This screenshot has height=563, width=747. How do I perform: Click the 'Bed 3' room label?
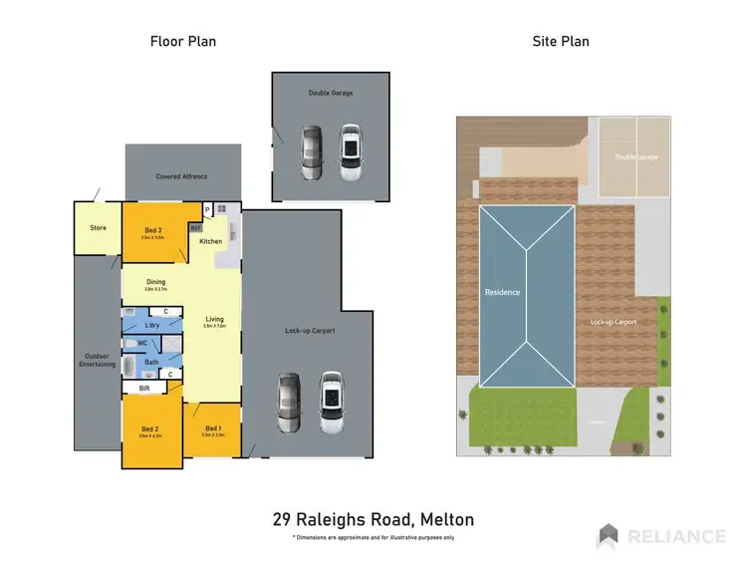pyautogui.click(x=151, y=229)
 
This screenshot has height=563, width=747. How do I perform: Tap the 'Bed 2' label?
pyautogui.click(x=149, y=428)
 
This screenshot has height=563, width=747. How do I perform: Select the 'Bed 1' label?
pyautogui.click(x=212, y=426)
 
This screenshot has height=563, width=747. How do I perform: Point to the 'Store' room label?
pyautogui.click(x=98, y=228)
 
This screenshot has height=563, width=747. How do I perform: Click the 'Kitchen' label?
pyautogui.click(x=211, y=241)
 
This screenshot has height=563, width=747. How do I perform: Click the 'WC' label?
pyautogui.click(x=143, y=343)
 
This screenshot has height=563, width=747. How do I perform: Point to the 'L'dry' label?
pyautogui.click(x=152, y=326)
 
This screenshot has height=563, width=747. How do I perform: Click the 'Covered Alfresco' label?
pyautogui.click(x=181, y=176)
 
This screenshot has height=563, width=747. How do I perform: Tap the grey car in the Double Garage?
pyautogui.click(x=312, y=152)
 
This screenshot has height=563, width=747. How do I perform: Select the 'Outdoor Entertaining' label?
pyautogui.click(x=97, y=361)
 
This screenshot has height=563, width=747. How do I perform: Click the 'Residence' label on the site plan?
pyautogui.click(x=502, y=293)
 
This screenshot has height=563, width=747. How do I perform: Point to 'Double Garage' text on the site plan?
pyautogui.click(x=635, y=156)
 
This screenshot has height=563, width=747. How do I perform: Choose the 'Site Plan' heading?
pyautogui.click(x=562, y=41)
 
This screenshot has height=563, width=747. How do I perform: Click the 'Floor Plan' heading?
pyautogui.click(x=183, y=41)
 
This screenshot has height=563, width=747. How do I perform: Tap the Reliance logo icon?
pyautogui.click(x=608, y=536)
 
